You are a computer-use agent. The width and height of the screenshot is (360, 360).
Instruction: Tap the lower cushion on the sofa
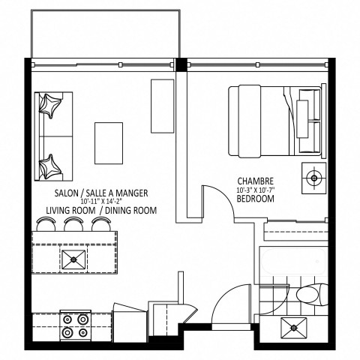point(50,164)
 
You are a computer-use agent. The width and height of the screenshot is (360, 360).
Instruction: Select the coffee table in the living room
point(109,142)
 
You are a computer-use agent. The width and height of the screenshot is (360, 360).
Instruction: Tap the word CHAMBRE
point(254,181)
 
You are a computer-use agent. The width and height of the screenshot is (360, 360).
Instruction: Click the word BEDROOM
point(254,200)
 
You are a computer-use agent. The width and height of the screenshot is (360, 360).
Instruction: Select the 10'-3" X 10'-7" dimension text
point(254,190)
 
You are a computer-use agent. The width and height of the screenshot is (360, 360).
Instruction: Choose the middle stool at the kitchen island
point(73,224)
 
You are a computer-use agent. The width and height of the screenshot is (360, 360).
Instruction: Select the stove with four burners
point(73,325)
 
